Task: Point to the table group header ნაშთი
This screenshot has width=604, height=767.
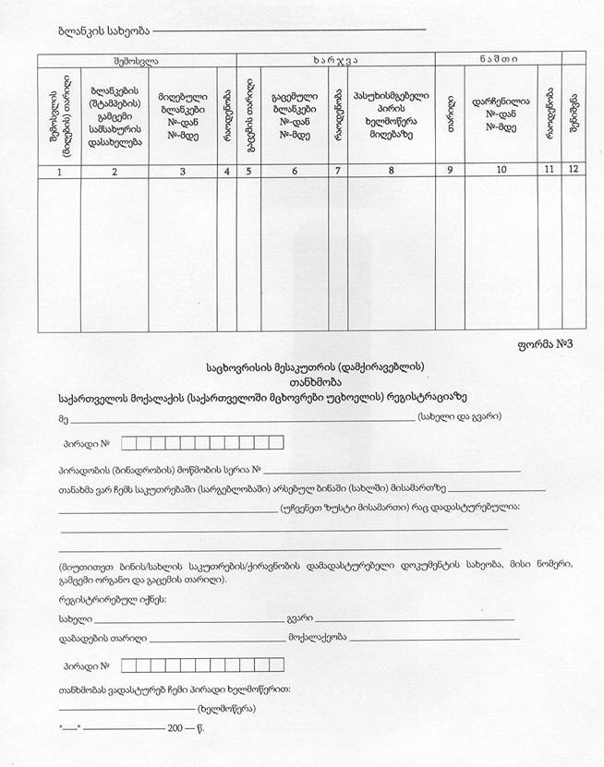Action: click(x=498, y=59)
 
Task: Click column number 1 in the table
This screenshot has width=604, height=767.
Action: click(x=60, y=171)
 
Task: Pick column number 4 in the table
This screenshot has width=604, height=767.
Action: click(x=226, y=171)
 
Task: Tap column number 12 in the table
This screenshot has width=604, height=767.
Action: click(x=574, y=171)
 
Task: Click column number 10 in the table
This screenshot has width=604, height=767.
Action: click(x=501, y=171)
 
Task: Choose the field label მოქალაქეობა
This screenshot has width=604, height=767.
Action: click(x=317, y=638)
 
